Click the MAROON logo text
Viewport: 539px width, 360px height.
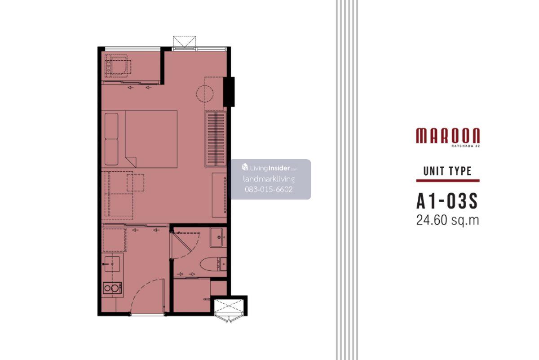pos(448,136)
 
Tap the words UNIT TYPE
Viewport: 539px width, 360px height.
pos(447,171)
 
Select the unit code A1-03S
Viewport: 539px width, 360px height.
pos(447,201)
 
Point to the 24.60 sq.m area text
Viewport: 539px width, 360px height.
pos(447,220)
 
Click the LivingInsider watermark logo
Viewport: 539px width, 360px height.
pos(269,168)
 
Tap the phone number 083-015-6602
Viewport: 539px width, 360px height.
pos(269,190)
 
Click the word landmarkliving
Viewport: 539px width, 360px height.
pos(269,179)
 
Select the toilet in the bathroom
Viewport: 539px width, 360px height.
pos(213,264)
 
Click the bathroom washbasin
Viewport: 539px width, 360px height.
pos(218,237)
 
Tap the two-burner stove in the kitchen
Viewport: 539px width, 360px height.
pos(112,288)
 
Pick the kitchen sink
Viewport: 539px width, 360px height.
pos(112,264)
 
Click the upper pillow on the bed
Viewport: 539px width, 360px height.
pos(111,126)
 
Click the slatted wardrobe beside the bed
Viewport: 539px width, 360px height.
pos(216,139)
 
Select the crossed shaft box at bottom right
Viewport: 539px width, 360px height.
pos(229,307)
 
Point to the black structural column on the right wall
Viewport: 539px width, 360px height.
pos(229,92)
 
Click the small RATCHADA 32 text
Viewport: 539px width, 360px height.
pos(466,146)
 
